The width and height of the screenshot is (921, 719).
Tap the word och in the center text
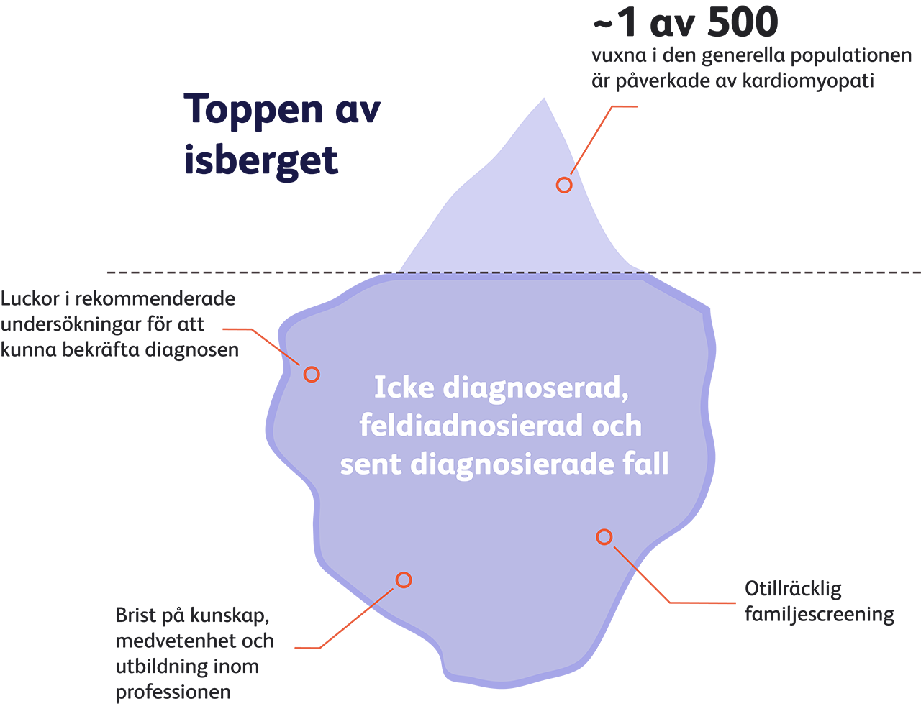coord(617,426)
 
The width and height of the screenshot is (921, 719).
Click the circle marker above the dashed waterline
coord(565,185)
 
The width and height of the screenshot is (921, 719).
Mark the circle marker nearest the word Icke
coord(312,374)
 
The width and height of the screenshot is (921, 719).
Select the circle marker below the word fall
coord(604,536)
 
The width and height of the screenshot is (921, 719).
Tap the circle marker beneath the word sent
coord(404,580)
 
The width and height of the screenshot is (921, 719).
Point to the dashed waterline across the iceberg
coord(518,273)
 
